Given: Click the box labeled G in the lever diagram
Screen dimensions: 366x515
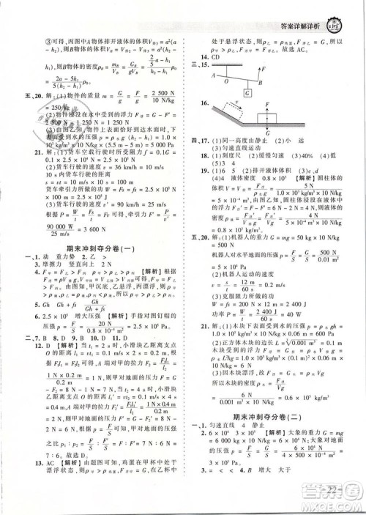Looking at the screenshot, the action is pyautogui.click(x=247, y=93).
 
